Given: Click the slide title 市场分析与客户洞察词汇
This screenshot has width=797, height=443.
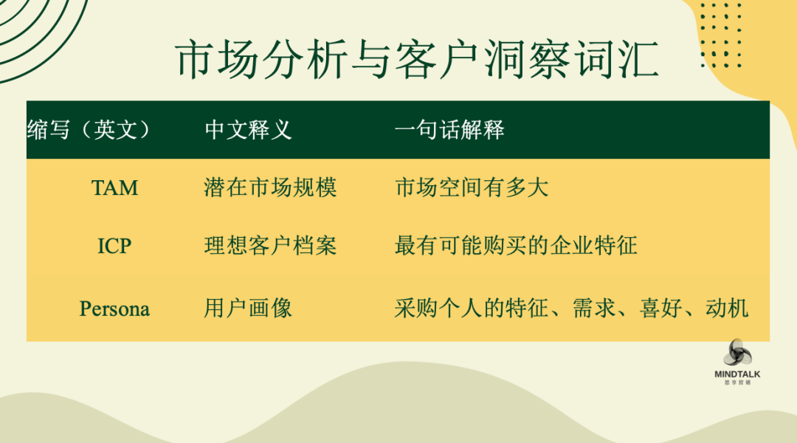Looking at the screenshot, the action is pyautogui.click(x=417, y=60).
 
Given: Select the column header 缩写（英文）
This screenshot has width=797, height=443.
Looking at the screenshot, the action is pyautogui.click(x=89, y=130).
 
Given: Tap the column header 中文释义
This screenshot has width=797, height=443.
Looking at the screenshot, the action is pyautogui.click(x=248, y=130).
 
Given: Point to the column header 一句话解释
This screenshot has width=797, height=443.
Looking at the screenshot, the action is pyautogui.click(x=449, y=130).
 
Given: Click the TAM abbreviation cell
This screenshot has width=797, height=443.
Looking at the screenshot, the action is pyautogui.click(x=114, y=188).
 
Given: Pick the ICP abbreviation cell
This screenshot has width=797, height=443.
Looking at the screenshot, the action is pyautogui.click(x=114, y=246).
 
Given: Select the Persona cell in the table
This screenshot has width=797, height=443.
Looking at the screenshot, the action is pyautogui.click(x=114, y=309).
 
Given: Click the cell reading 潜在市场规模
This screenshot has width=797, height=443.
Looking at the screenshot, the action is pyautogui.click(x=270, y=188).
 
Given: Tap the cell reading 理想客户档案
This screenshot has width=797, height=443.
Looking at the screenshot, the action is pyautogui.click(x=270, y=246).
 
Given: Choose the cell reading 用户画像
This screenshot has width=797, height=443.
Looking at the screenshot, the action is pyautogui.click(x=248, y=308).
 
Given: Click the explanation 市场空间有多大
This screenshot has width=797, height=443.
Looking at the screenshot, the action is pyautogui.click(x=472, y=188).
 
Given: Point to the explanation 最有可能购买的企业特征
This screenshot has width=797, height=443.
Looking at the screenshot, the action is pyautogui.click(x=516, y=246).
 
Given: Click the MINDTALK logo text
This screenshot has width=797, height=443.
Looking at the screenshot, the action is pyautogui.click(x=737, y=374).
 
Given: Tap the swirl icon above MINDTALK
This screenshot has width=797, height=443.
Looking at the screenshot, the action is pyautogui.click(x=737, y=353).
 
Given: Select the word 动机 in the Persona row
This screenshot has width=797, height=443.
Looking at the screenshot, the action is pyautogui.click(x=727, y=308).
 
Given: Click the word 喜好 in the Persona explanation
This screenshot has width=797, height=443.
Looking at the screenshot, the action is pyautogui.click(x=660, y=308).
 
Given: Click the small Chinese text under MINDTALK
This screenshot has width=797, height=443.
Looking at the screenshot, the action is pyautogui.click(x=737, y=382).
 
